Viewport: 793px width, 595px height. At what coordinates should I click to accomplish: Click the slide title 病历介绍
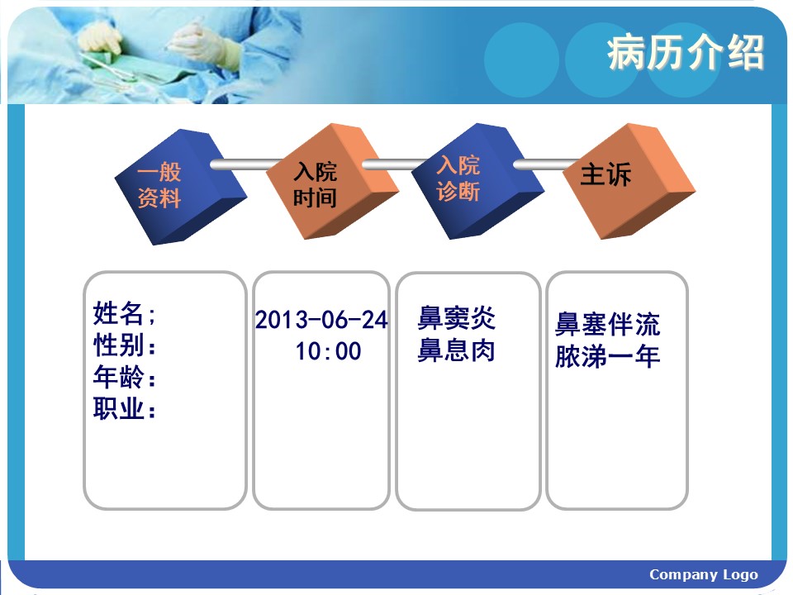tap(686, 52)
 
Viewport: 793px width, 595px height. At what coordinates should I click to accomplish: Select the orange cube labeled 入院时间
tap(332, 181)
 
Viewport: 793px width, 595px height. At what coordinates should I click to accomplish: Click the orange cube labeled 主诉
tap(629, 181)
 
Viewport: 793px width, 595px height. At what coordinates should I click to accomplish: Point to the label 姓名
tap(118, 312)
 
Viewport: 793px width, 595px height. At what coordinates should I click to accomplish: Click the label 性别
tap(118, 345)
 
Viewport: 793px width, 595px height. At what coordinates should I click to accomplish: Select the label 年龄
tap(118, 377)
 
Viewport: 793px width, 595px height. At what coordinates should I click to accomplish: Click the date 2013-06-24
tap(321, 320)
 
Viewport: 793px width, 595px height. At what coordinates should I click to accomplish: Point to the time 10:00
tap(328, 351)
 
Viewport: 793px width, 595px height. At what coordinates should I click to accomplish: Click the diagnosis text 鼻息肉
tap(456, 350)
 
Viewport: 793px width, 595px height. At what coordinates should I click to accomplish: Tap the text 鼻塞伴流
tap(607, 324)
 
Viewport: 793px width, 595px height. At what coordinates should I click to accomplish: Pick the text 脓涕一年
tap(607, 355)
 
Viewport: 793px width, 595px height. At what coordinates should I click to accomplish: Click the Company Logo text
tap(704, 575)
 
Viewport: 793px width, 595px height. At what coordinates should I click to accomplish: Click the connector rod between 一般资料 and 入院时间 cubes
tap(246, 164)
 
